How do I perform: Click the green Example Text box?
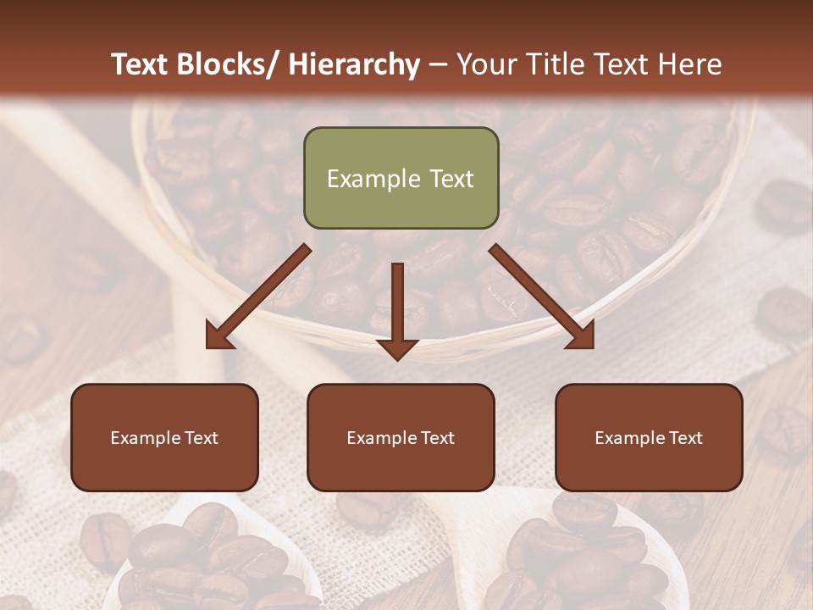point(401,178)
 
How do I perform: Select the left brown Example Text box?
point(164,437)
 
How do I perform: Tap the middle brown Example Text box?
point(401,437)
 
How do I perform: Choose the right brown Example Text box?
point(649,437)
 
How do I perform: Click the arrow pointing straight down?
point(397,305)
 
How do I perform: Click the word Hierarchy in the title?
point(354,64)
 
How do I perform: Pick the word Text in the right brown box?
point(684,437)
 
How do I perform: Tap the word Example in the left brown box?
point(145,437)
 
